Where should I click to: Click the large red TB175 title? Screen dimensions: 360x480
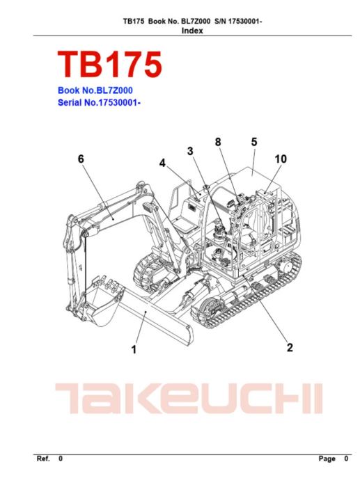[109, 64]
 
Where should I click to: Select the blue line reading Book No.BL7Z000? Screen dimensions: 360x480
[95, 90]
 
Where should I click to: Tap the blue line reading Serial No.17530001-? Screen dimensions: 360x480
[99, 102]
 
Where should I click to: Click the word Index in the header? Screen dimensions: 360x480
[192, 31]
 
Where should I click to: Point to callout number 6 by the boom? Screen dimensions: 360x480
[81, 159]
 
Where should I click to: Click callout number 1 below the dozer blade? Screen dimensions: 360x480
[134, 350]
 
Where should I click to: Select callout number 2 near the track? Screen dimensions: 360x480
[290, 347]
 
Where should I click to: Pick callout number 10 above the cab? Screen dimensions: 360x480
[281, 159]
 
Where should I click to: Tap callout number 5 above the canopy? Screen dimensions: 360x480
[254, 142]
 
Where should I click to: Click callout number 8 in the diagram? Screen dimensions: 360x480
[218, 142]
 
